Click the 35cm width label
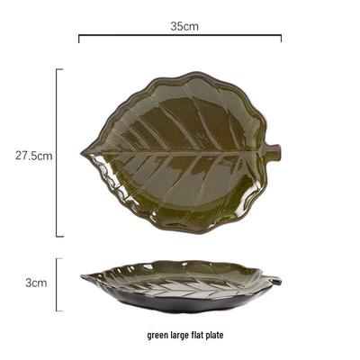click(184, 26)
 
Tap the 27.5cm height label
click(34, 156)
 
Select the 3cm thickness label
click(36, 283)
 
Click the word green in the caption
click(158, 335)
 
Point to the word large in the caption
click(180, 335)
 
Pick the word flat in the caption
click(197, 334)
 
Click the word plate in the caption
click(214, 335)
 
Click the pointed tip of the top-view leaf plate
click(82, 154)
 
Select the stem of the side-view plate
click(276, 280)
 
